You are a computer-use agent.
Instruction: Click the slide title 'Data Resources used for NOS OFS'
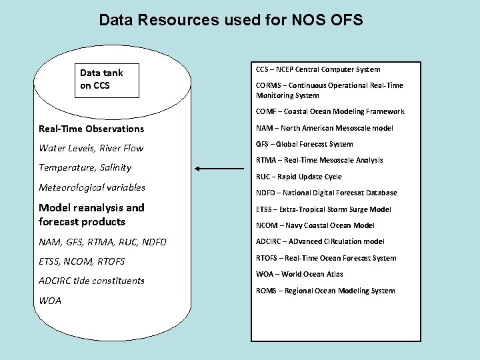[231, 20]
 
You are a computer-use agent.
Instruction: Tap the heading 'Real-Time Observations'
[91, 128]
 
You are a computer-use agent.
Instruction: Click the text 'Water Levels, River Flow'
[91, 148]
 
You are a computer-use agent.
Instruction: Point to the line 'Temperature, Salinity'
[85, 167]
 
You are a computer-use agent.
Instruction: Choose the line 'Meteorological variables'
[92, 187]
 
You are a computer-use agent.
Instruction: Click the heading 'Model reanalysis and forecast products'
[92, 215]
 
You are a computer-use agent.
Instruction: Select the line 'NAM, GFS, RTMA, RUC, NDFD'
[103, 242]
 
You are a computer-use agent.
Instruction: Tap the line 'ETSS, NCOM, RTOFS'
[82, 261]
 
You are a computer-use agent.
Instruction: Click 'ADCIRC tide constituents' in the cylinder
[92, 281]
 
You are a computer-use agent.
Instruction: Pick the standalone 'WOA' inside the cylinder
[50, 301]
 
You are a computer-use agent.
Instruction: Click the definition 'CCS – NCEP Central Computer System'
[318, 69]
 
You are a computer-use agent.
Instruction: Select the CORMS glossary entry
[329, 91]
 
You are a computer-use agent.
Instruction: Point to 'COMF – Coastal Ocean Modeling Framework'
[330, 111]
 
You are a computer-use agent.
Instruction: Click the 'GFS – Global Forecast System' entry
[305, 144]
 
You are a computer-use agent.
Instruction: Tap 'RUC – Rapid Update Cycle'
[299, 177]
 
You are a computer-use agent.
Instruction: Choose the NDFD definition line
[326, 193]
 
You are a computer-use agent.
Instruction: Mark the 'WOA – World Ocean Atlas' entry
[299, 274]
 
